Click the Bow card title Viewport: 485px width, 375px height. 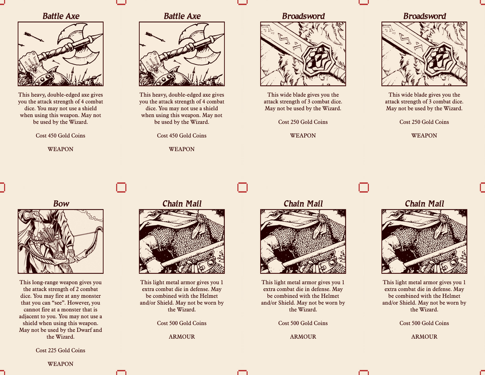(61, 204)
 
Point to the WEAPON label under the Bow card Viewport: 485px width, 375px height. (61, 364)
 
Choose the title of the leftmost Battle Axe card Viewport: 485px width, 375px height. (61, 16)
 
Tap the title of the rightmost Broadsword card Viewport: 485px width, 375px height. (424, 16)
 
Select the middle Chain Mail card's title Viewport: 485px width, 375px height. (303, 204)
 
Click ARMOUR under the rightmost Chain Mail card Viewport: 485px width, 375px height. (424, 336)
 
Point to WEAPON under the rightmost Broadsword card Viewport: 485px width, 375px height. (424, 135)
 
